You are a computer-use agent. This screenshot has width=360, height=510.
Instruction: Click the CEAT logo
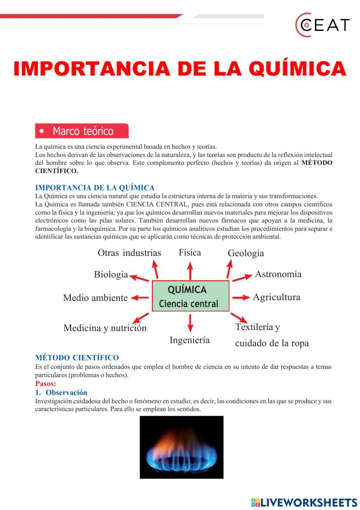tap(322, 25)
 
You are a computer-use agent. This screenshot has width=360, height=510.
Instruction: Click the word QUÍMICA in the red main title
tap(297, 69)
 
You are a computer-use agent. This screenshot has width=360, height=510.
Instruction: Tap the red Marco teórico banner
tap(82, 131)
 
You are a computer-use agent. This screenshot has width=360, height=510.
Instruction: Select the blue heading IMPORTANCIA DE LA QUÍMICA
tap(95, 188)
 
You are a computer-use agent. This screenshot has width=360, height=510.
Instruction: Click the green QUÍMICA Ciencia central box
tap(190, 296)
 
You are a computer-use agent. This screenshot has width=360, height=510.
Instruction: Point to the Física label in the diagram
tap(190, 253)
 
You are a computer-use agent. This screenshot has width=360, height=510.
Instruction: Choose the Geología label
tap(246, 253)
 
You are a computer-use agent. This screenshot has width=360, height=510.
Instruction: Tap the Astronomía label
tap(278, 274)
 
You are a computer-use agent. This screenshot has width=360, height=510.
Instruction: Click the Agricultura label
tap(276, 297)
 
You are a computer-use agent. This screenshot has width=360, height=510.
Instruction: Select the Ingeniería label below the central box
tap(189, 340)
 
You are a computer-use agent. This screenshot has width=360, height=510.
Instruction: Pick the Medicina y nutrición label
tap(105, 328)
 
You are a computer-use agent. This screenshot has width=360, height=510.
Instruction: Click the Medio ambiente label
tap(95, 298)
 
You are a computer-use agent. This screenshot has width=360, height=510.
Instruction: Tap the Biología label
tap(111, 274)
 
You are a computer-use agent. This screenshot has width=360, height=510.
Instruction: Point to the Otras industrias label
tap(129, 253)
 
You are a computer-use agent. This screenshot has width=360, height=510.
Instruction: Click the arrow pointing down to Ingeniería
tap(190, 323)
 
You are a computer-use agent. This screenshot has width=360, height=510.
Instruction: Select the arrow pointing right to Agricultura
tap(241, 297)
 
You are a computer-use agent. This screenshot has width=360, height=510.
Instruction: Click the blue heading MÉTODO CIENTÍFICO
tap(77, 358)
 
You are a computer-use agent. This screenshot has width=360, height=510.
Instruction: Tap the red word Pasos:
tap(46, 384)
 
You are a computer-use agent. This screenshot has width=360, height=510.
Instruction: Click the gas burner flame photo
tap(181, 447)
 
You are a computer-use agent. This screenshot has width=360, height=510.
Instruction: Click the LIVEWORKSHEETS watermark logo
tap(304, 502)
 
